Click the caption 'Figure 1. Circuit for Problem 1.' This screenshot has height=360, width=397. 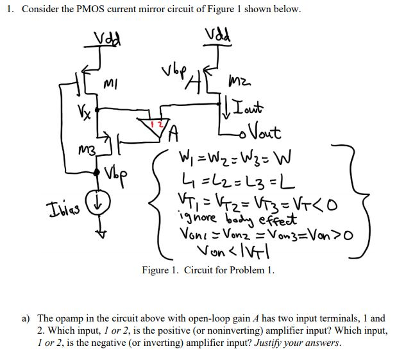click(x=208, y=270)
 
